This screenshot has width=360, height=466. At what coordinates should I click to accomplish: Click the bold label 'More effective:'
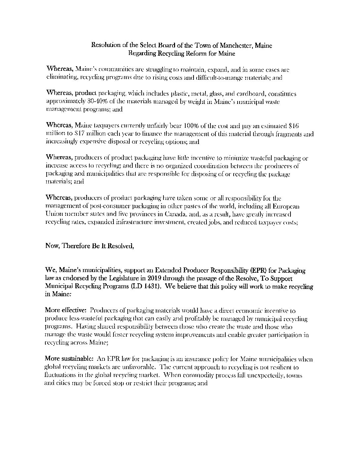tap(66, 311)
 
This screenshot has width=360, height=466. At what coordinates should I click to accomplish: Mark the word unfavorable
tap(138, 367)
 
